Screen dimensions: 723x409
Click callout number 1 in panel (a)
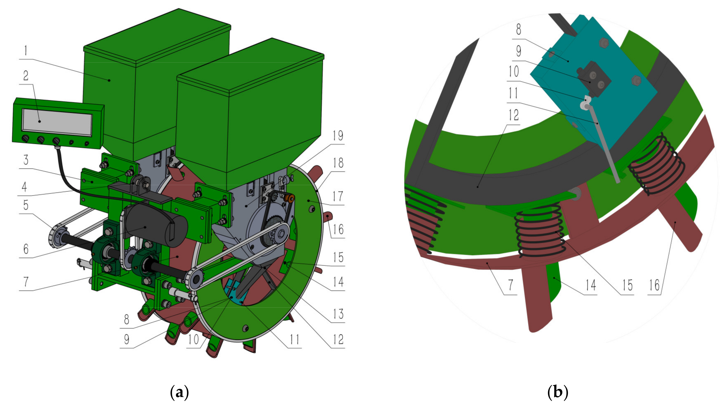26,51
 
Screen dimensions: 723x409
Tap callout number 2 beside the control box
26,76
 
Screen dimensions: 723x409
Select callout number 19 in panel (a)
338,136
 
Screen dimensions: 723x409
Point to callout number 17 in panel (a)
338,196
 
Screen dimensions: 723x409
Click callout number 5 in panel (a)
26,205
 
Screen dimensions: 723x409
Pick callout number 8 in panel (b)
518,29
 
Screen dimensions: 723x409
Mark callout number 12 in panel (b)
513,115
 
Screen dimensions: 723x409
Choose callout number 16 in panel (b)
654,286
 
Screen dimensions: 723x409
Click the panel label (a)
180,392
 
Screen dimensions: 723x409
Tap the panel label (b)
558,392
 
